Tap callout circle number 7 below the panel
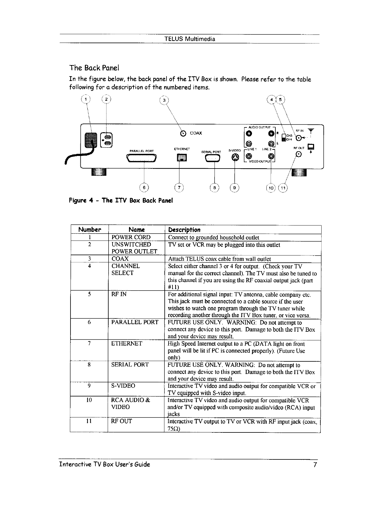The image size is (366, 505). click(x=179, y=188)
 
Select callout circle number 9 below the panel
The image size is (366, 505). click(x=234, y=188)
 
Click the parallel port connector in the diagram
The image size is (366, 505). click(x=142, y=157)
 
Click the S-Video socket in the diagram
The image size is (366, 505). click(x=235, y=157)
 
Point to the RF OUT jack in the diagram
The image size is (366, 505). click(x=298, y=155)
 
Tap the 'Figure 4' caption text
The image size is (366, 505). click(x=121, y=200)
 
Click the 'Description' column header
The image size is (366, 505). click(x=184, y=230)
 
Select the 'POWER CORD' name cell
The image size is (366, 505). click(x=131, y=238)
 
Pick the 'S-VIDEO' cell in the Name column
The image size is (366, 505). click(x=123, y=386)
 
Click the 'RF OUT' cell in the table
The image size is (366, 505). click(x=122, y=421)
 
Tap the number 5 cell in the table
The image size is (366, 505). click(x=89, y=294)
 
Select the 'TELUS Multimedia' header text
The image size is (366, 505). click(x=190, y=39)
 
